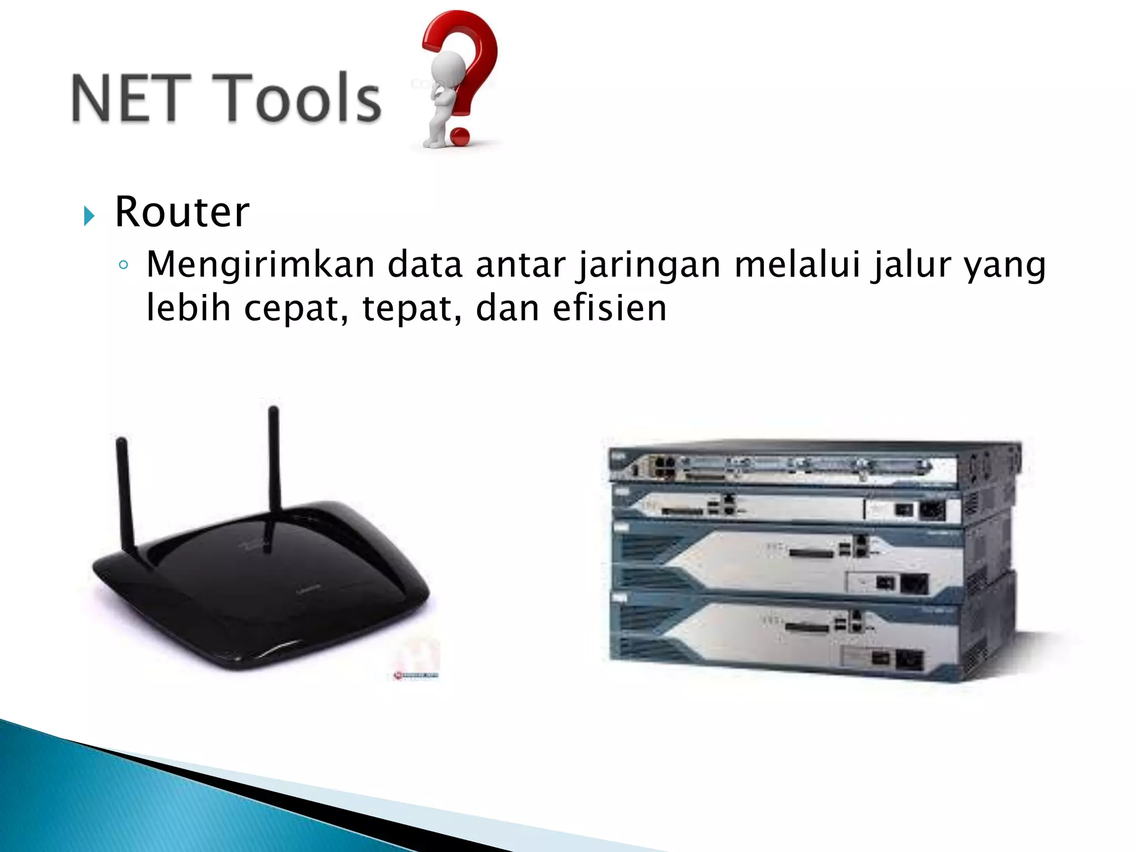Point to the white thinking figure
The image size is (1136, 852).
point(444,94)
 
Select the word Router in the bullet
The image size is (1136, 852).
point(182,212)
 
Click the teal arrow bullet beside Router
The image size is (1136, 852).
point(89,215)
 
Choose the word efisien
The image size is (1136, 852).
point(610,308)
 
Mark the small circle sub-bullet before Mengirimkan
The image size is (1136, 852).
point(124,266)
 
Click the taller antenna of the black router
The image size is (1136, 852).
point(274,460)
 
